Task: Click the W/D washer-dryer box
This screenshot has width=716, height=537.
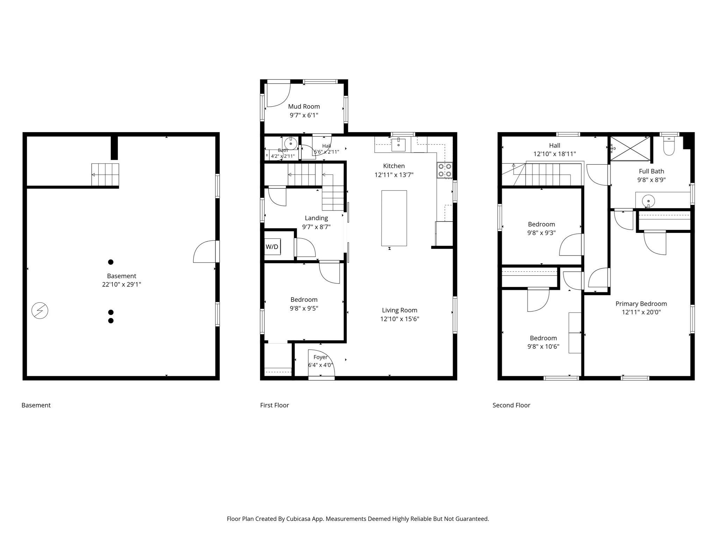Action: (x=272, y=247)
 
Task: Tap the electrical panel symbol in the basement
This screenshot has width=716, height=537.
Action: (x=40, y=311)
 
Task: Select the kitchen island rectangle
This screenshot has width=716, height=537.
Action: (x=394, y=218)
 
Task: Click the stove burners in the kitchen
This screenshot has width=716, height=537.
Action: (x=444, y=170)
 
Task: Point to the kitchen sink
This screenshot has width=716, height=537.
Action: (x=398, y=144)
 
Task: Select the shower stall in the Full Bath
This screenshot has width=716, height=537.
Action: (x=630, y=149)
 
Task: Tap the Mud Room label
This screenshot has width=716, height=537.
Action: (x=304, y=106)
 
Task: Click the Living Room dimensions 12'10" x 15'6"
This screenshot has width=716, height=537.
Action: (x=400, y=319)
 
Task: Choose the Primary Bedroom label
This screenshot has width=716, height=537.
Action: (x=641, y=304)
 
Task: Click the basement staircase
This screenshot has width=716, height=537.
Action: (x=105, y=175)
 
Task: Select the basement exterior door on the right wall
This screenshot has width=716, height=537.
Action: (x=206, y=251)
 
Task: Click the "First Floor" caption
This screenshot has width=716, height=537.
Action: (x=274, y=405)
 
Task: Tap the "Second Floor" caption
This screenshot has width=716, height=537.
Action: (x=511, y=405)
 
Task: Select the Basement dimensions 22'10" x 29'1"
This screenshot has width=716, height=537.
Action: (x=122, y=284)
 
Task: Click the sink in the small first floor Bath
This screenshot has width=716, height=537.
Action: (x=291, y=143)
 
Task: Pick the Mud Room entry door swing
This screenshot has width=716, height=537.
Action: (x=279, y=94)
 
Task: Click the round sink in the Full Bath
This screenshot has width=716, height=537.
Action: (x=649, y=201)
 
